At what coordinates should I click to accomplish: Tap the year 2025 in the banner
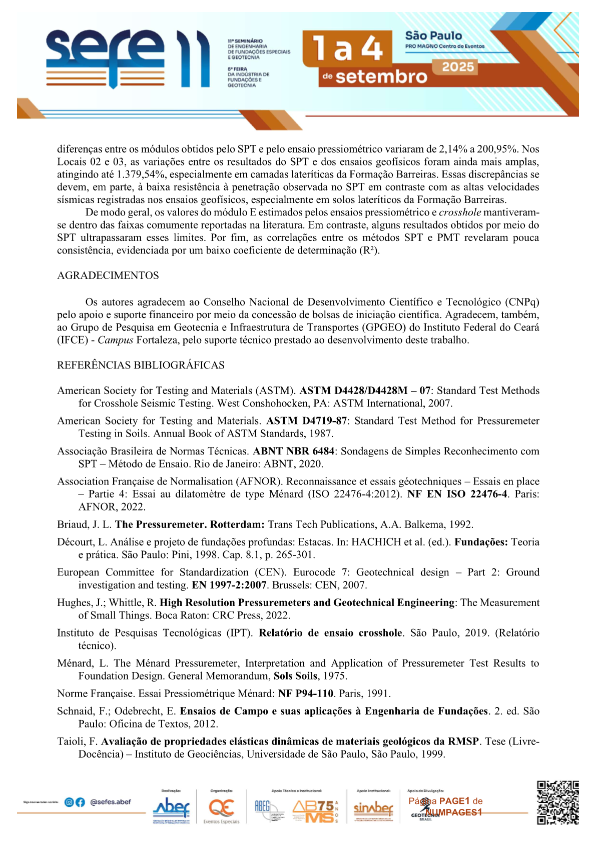[x=457, y=67]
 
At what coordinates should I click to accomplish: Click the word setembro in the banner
[x=381, y=77]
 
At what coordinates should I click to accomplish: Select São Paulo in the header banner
[x=433, y=35]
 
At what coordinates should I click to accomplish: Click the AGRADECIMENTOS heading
[x=108, y=275]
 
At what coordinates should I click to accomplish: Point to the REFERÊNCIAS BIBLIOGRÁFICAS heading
[x=141, y=365]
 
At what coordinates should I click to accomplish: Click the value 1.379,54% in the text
[x=142, y=174]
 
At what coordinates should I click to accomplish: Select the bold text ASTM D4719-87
[x=306, y=421]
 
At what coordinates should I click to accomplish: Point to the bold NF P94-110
[x=305, y=693]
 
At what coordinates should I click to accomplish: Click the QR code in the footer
[x=558, y=802]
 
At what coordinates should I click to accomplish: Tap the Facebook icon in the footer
[x=80, y=802]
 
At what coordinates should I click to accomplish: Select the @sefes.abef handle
[x=111, y=802]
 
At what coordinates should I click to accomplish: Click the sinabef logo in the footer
[x=373, y=808]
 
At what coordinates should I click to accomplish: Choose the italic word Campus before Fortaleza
[x=115, y=340]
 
